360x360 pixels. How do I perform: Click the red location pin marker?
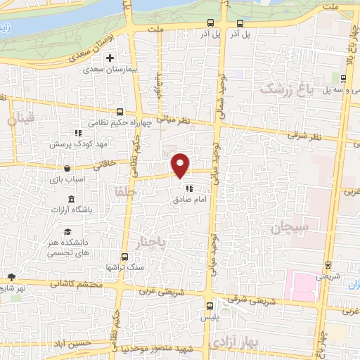point(181,165)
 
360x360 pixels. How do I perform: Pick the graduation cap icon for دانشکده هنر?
point(67,232)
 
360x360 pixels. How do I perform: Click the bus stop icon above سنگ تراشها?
point(124,257)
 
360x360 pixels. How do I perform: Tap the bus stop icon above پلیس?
point(210,305)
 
